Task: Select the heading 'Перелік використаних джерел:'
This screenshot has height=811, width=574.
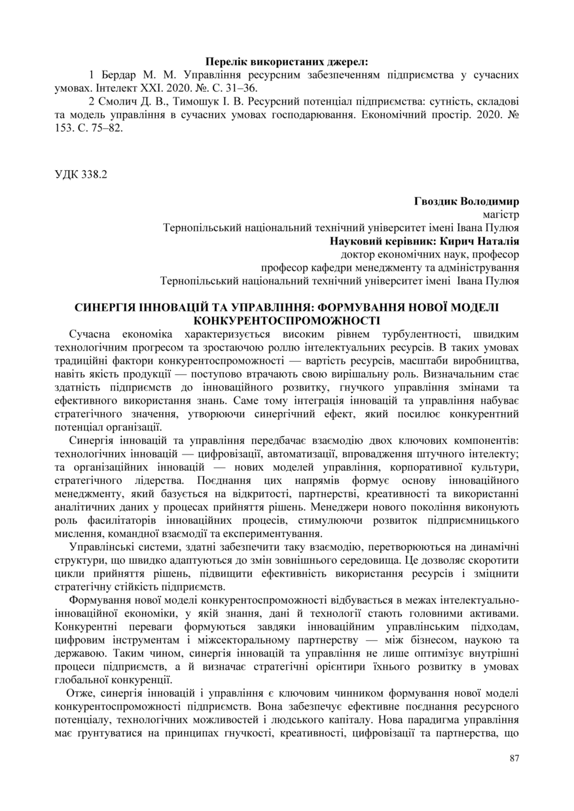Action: coord(287,63)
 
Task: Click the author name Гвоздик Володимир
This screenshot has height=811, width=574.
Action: coord(467,201)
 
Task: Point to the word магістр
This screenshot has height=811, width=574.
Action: coord(501,215)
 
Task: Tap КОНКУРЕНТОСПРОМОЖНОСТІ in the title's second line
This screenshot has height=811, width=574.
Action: coord(287,320)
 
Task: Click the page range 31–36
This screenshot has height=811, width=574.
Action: coord(241,88)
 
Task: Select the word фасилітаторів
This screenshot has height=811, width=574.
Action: coord(124,520)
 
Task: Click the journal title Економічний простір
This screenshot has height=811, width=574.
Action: coord(395,114)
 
